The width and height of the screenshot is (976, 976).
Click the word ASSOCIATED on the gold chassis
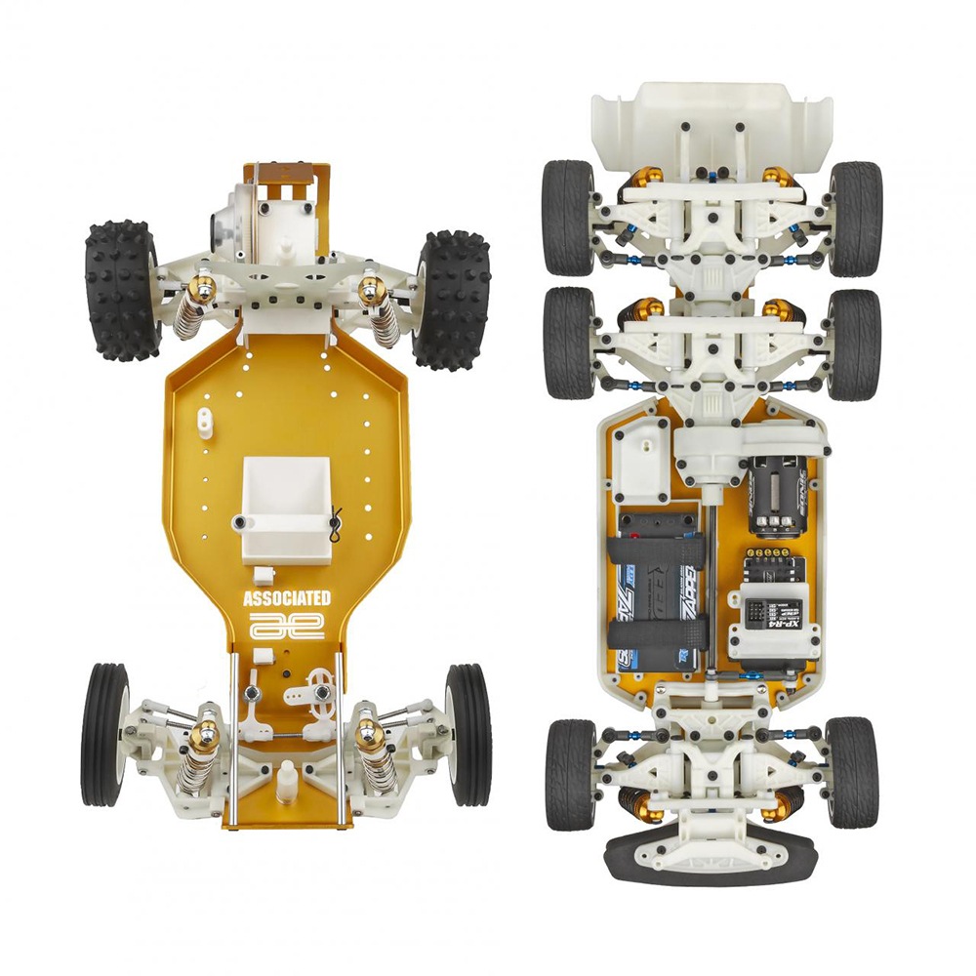[286, 597]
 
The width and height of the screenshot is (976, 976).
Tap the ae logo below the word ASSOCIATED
[286, 627]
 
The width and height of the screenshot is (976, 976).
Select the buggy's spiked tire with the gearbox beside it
[122, 290]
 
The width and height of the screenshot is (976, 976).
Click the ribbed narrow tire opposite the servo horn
[103, 734]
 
